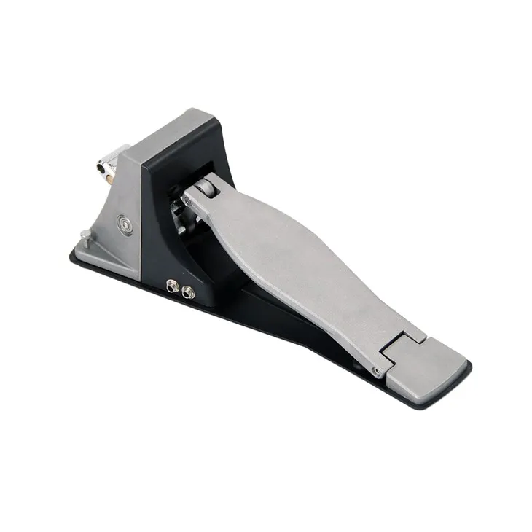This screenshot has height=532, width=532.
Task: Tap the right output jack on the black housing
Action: pos(189,292)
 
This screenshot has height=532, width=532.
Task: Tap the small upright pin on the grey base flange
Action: pos(86,235)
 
